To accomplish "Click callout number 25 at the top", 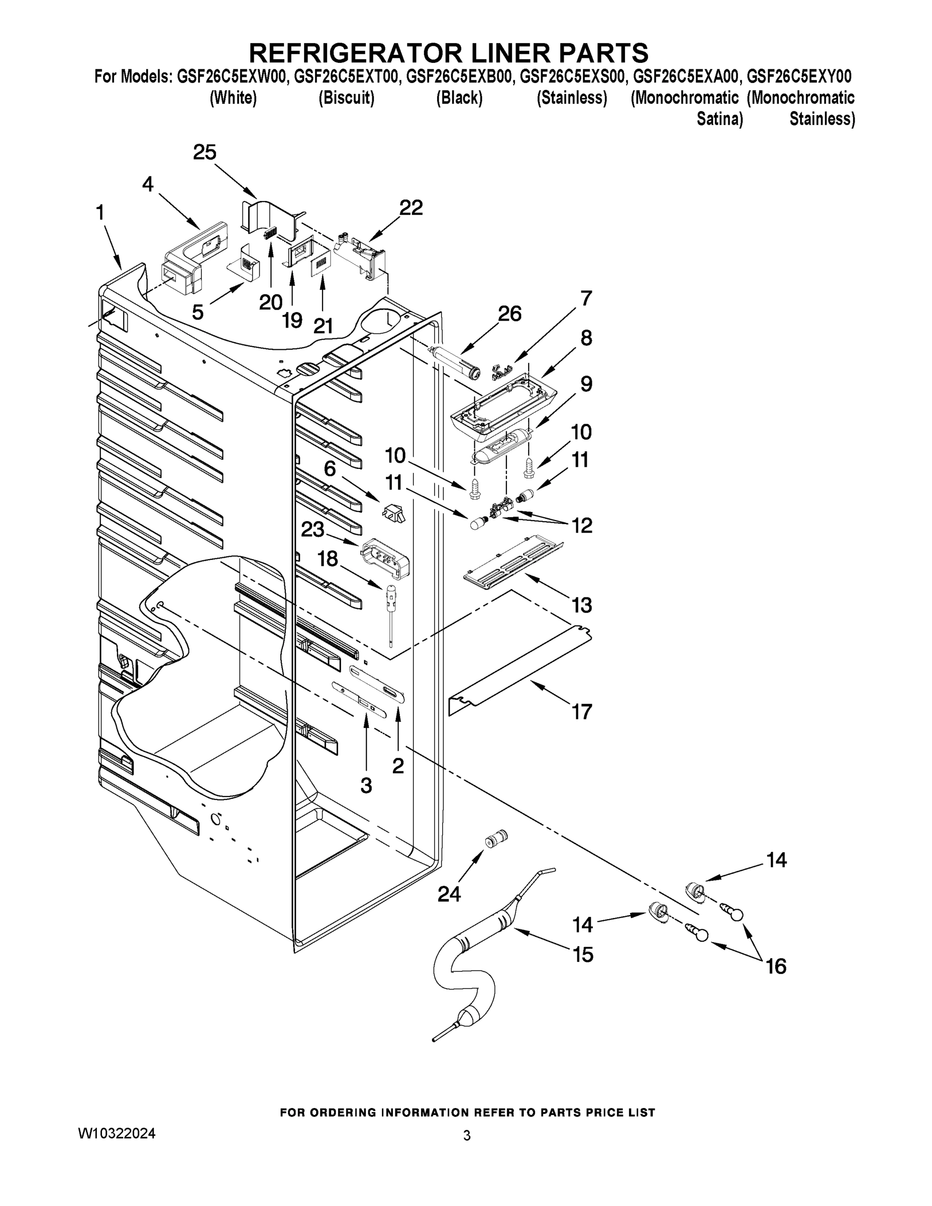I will coord(204,152).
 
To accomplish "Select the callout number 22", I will coord(411,208).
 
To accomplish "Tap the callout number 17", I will coord(581,712).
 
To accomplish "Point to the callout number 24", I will coord(449,893).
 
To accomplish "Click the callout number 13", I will coord(581,605).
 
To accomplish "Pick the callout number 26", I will coord(509,314).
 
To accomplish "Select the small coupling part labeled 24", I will coord(495,841).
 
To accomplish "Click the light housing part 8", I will coord(502,408).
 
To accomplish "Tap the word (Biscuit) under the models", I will coord(346,98).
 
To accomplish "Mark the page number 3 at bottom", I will coord(467,1136).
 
